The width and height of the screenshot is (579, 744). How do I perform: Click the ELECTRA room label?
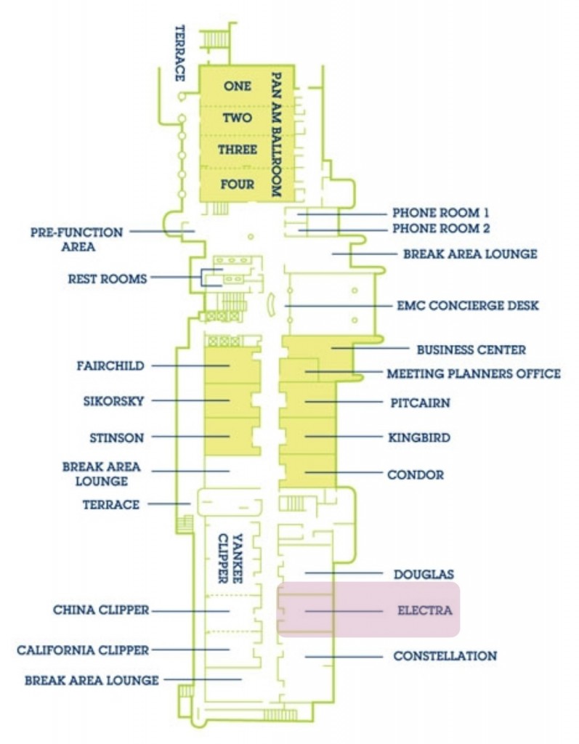pyautogui.click(x=424, y=610)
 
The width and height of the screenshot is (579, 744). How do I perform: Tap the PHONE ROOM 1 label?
pyautogui.click(x=441, y=213)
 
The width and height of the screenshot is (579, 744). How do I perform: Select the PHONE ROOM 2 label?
pyautogui.click(x=441, y=229)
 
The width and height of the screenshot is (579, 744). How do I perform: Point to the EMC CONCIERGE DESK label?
pyautogui.click(x=468, y=305)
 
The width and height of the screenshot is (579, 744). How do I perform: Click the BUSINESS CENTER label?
pyautogui.click(x=471, y=349)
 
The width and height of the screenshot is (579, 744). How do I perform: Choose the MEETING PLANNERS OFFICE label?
pyautogui.click(x=474, y=373)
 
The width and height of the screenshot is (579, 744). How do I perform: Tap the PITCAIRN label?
pyautogui.click(x=418, y=402)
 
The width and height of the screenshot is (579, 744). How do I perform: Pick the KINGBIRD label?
pyautogui.click(x=419, y=438)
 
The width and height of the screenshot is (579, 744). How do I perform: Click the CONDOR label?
pyautogui.click(x=416, y=474)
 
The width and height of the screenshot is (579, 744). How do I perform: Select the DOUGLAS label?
pyautogui.click(x=424, y=574)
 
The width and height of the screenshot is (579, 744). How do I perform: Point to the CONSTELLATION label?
pyautogui.click(x=445, y=656)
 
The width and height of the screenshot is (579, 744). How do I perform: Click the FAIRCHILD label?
pyautogui.click(x=110, y=365)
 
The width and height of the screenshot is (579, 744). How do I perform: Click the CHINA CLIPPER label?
pyautogui.click(x=101, y=610)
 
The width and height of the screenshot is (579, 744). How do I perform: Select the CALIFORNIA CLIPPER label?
pyautogui.click(x=83, y=650)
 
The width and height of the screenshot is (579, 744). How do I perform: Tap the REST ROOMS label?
pyautogui.click(x=108, y=278)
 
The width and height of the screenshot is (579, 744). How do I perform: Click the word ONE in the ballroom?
pyautogui.click(x=238, y=86)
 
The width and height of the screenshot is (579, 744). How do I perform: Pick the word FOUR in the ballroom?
pyautogui.click(x=238, y=185)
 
